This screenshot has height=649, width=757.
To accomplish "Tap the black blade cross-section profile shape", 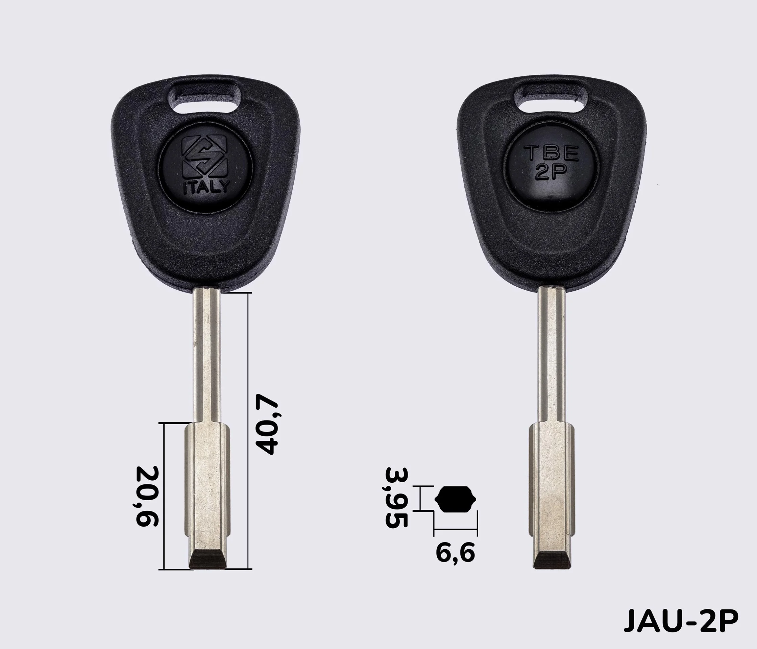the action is pyautogui.click(x=456, y=500).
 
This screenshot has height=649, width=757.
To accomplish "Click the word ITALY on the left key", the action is pyautogui.click(x=206, y=188).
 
